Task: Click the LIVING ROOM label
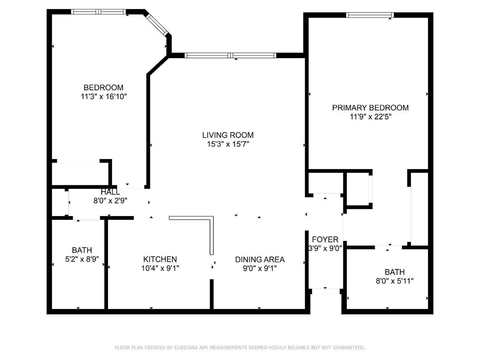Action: point(228,135)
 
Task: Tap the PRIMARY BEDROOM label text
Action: point(370,108)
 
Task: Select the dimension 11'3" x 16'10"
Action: point(104,96)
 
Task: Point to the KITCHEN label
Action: point(160,259)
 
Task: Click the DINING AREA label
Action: point(260,259)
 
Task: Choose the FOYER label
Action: point(325,239)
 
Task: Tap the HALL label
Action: point(110,192)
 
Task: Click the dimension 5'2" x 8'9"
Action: point(82,259)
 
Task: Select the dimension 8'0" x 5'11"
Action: point(394,281)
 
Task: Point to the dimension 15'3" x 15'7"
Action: point(228,144)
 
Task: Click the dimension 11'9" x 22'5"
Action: point(370,117)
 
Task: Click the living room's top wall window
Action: point(230,55)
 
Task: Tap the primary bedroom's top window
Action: point(370,15)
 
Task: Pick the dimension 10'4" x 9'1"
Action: point(160,268)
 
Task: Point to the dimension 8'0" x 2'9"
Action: point(110,201)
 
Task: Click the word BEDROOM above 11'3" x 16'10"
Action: point(104,88)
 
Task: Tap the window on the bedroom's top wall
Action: point(99,12)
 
